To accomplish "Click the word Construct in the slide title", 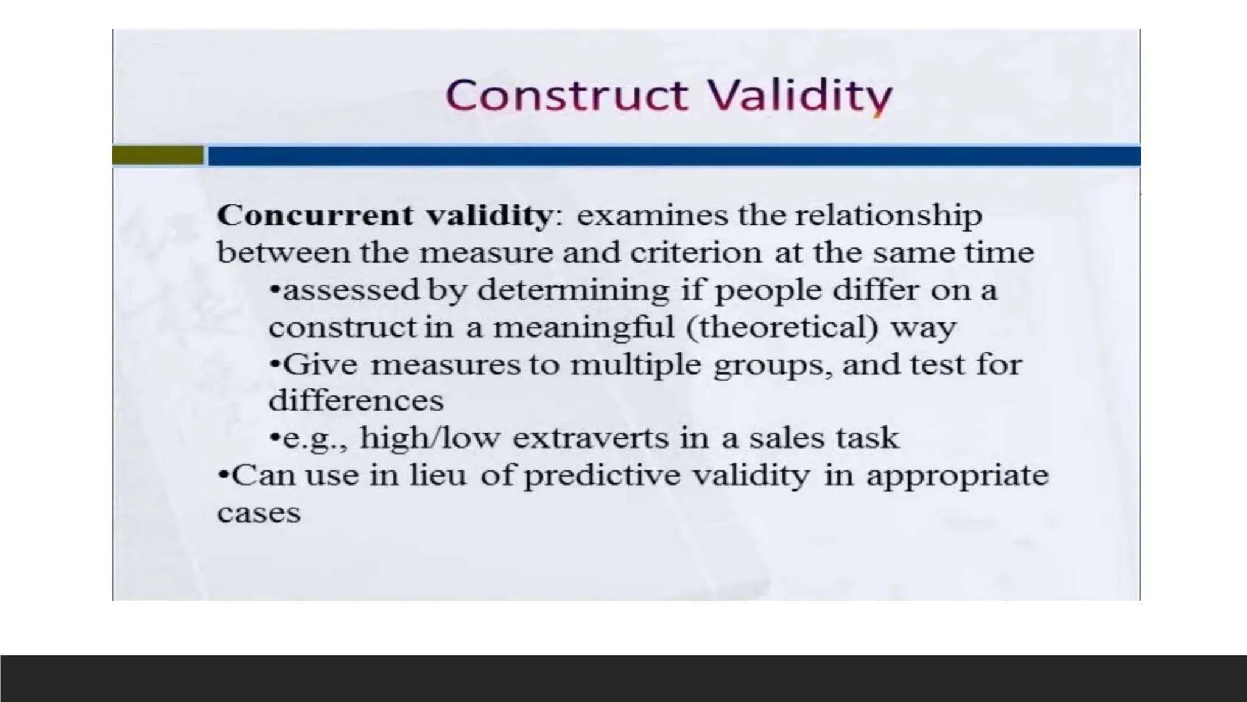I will click(567, 96).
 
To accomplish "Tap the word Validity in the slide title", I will click(799, 96).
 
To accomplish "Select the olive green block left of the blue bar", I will click(158, 155).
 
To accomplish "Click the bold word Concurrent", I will click(315, 216).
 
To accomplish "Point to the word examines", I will click(652, 216).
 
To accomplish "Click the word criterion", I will click(695, 253).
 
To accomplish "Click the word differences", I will click(356, 401).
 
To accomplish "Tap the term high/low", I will click(430, 438).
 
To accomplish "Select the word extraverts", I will click(591, 438).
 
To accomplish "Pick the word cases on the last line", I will click(259, 513).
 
